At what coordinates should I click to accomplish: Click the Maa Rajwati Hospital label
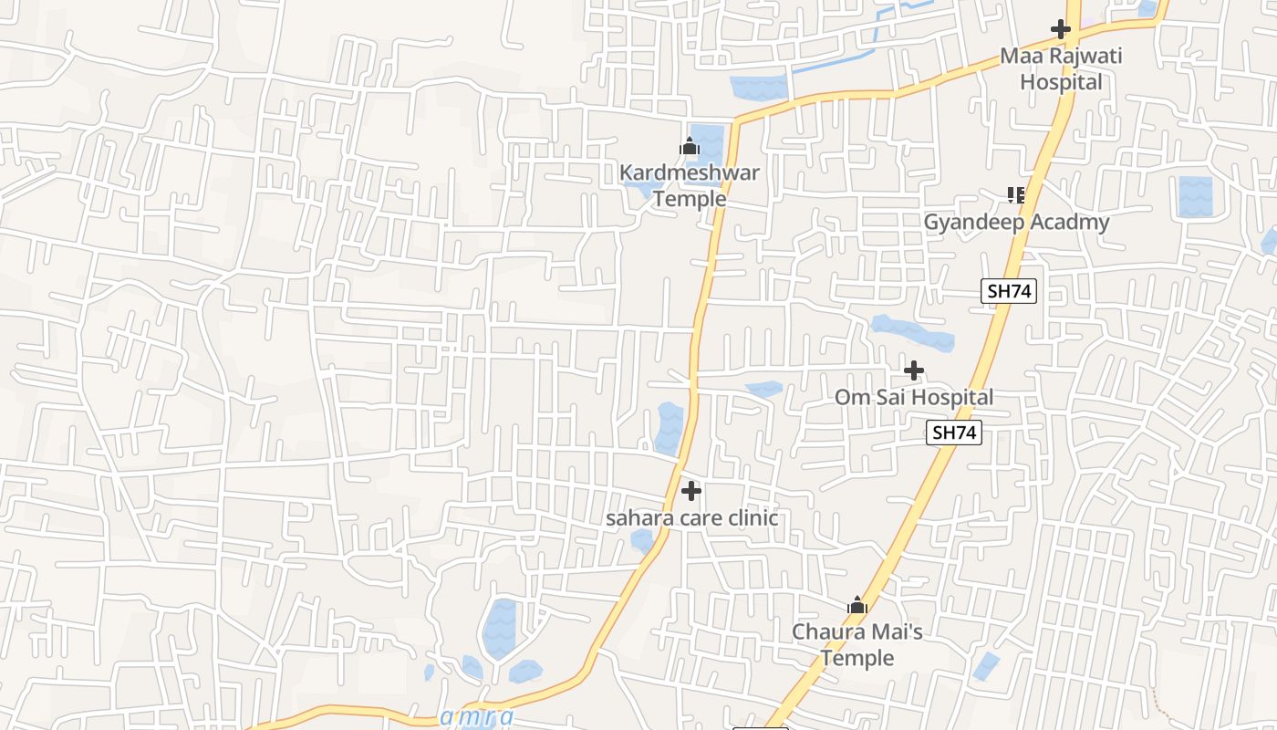click(1061, 68)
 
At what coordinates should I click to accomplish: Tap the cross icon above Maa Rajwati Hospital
click(1060, 29)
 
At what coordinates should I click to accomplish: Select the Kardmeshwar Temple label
click(689, 185)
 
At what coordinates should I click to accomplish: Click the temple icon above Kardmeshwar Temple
click(689, 146)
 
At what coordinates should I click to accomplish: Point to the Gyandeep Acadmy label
click(1016, 222)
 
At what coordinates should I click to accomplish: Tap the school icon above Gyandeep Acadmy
click(1015, 194)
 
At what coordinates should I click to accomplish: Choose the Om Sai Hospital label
click(913, 397)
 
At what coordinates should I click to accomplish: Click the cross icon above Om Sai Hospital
click(913, 370)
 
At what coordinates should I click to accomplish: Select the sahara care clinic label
click(692, 518)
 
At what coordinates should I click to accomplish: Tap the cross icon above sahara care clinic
click(691, 491)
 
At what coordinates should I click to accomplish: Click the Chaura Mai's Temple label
click(857, 644)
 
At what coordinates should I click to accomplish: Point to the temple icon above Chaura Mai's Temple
click(857, 605)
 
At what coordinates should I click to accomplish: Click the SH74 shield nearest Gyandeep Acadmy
click(1010, 291)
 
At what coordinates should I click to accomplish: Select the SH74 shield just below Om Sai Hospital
click(954, 433)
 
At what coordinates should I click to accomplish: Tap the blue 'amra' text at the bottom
click(476, 717)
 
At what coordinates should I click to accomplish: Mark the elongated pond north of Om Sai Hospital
click(912, 333)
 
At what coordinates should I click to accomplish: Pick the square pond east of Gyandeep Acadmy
click(1195, 196)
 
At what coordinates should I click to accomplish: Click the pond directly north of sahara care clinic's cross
click(669, 428)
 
